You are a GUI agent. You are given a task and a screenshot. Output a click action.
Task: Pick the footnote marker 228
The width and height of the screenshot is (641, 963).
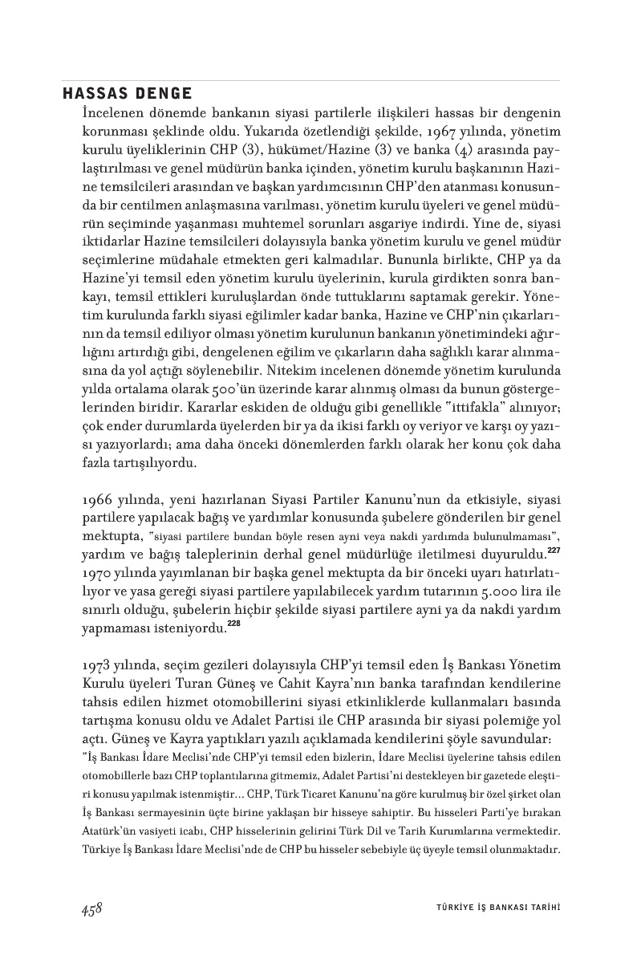[233, 624]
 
